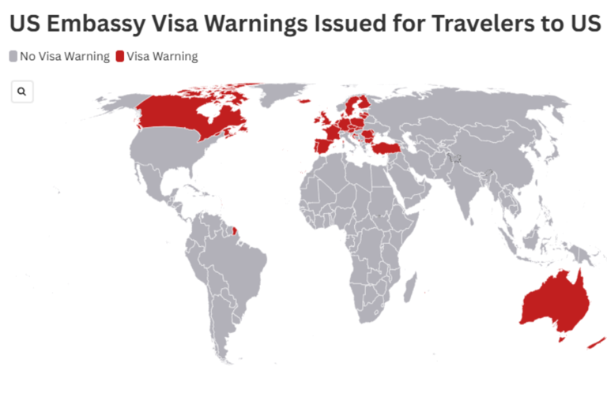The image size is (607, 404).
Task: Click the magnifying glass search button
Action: [21, 92]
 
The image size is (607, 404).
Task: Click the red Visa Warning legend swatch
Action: [120, 56]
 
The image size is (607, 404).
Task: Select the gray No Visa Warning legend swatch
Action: [13, 56]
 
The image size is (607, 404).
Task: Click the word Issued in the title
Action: [349, 24]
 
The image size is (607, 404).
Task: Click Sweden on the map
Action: [353, 107]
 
